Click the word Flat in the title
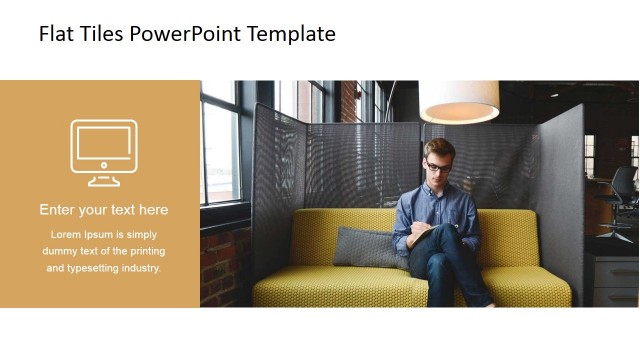[x=56, y=34]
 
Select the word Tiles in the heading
[x=101, y=34]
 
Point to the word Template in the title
[x=291, y=34]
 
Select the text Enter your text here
[x=104, y=210]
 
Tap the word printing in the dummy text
[x=146, y=251]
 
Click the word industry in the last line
[x=141, y=268]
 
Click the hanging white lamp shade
[x=459, y=100]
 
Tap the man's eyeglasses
[x=438, y=167]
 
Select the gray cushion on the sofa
[x=366, y=247]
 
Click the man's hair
[x=439, y=149]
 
